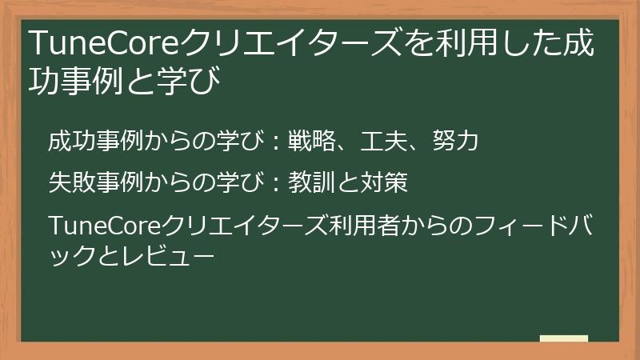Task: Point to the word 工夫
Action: (x=383, y=142)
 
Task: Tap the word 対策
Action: (x=386, y=183)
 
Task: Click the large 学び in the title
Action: (x=193, y=80)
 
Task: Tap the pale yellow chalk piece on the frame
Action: (x=564, y=338)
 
